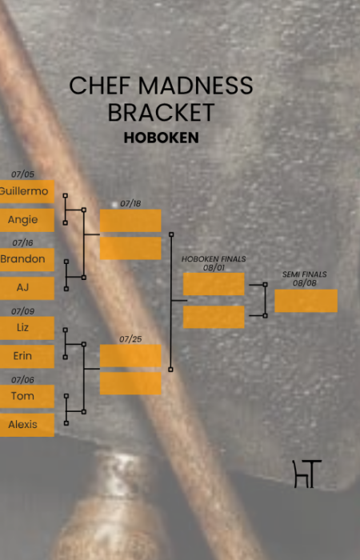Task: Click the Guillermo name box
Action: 26,191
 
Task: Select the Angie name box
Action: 26,220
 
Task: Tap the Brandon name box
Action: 26,260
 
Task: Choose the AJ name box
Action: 26,288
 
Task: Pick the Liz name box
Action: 26,328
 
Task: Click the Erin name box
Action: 26,357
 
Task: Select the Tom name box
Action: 26,397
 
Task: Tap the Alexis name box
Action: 26,425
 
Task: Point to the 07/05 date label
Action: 23,174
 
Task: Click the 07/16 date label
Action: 23,243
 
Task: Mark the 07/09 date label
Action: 23,311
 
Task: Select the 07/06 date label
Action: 23,380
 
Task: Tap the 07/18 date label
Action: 130,203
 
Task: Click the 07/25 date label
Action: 130,339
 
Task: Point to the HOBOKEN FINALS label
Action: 214,259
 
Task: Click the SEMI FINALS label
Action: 305,274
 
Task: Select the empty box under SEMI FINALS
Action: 306,301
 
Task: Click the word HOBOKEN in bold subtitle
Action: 161,138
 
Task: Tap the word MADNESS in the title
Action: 195,86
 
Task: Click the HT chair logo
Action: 307,474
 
